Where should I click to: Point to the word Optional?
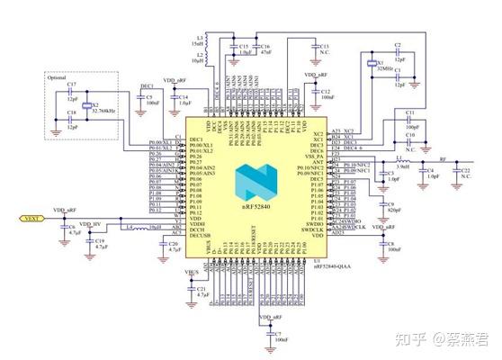pos(56,76)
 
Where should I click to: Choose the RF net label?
pos(441,155)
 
